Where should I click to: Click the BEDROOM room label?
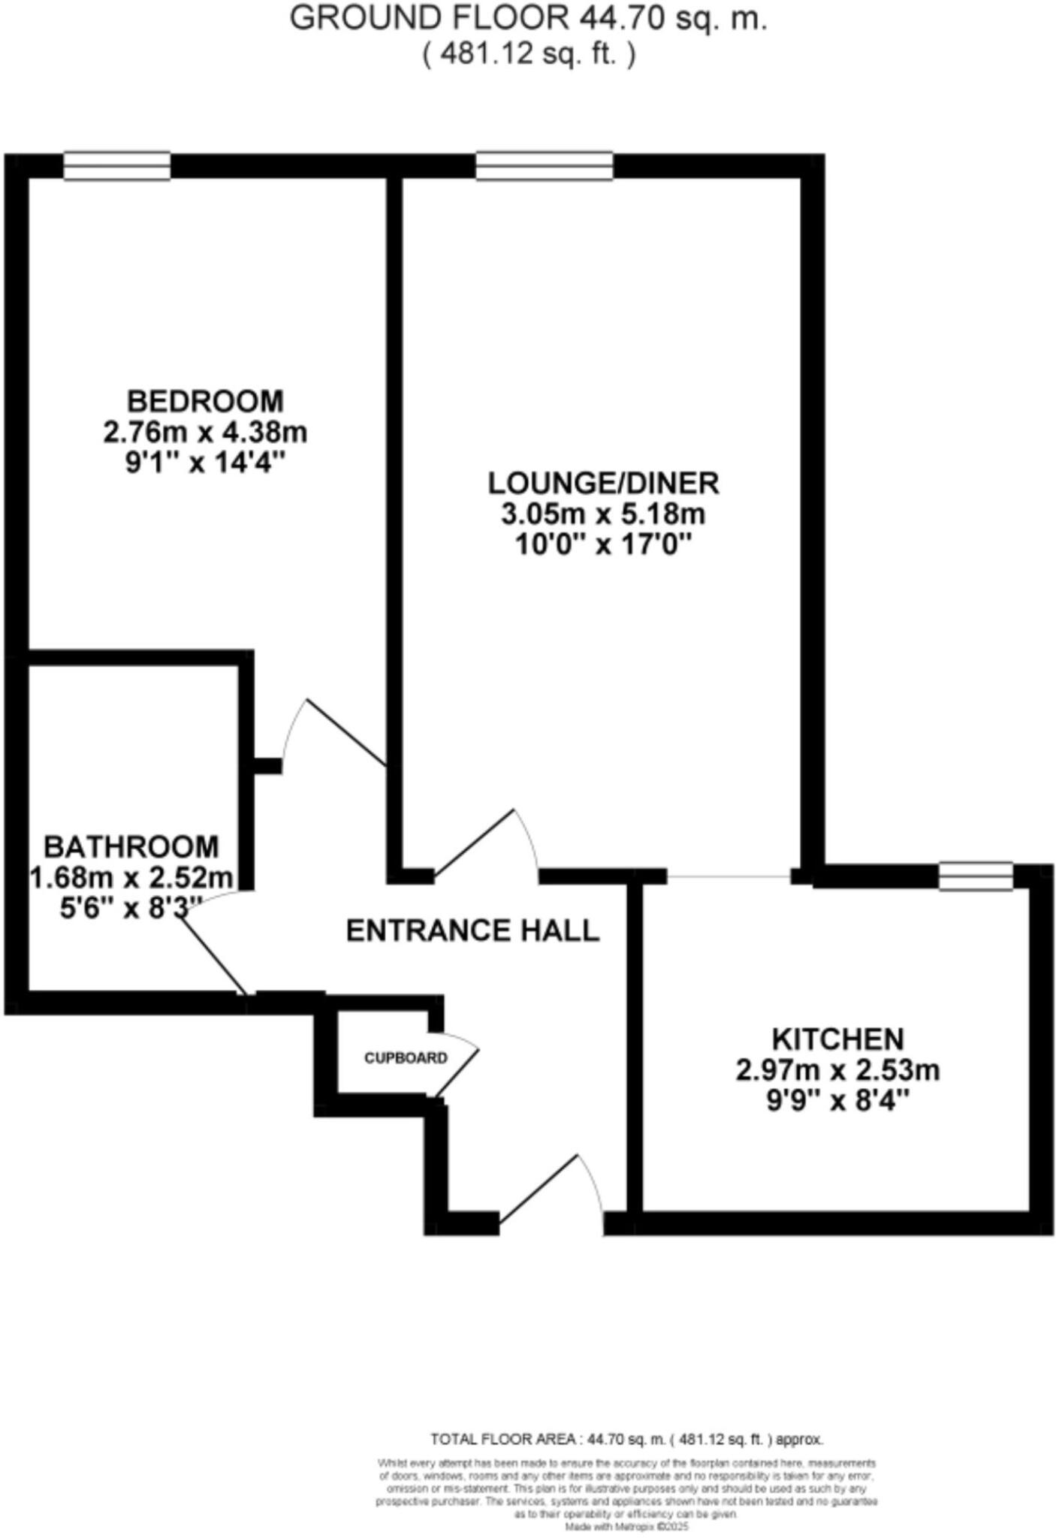point(205,401)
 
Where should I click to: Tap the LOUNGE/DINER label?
point(604,483)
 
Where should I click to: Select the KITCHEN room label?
point(838,1039)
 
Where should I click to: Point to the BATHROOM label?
point(131,846)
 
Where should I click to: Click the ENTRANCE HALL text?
point(472,930)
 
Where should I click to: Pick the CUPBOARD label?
point(406,1058)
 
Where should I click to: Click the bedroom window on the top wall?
point(116,166)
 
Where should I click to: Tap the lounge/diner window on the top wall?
point(545,166)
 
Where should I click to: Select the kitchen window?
point(976,876)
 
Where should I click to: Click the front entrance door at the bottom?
point(552,1187)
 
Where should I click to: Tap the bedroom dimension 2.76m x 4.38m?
point(205,433)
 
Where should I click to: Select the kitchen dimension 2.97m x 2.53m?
point(837,1069)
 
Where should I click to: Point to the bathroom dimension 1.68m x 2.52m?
point(131,877)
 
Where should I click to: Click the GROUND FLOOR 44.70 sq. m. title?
point(528,18)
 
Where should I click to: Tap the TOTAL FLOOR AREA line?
point(626,1440)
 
